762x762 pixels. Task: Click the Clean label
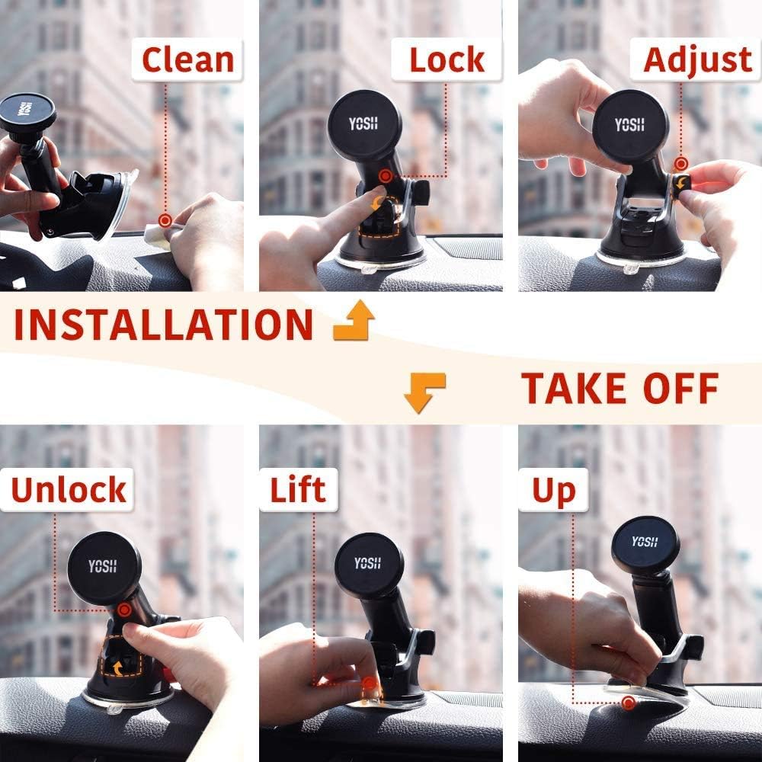[x=187, y=60]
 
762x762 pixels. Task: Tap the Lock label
[x=447, y=60]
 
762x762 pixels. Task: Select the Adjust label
[x=697, y=60]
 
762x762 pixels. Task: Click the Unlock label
[x=68, y=491]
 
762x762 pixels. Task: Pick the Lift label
[x=298, y=491]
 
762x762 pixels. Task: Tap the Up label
[x=553, y=491]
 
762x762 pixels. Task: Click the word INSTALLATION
[x=163, y=325]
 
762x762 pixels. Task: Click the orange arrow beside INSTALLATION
[x=354, y=320]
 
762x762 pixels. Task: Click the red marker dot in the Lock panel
[x=386, y=177]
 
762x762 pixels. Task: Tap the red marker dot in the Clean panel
[x=165, y=219]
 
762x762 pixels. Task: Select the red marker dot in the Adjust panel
[x=680, y=163]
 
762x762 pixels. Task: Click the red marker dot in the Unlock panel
[x=123, y=610]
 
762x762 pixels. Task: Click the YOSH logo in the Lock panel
[x=363, y=123]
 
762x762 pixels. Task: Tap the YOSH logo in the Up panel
[x=644, y=542]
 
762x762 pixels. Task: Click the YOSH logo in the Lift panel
[x=368, y=564]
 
